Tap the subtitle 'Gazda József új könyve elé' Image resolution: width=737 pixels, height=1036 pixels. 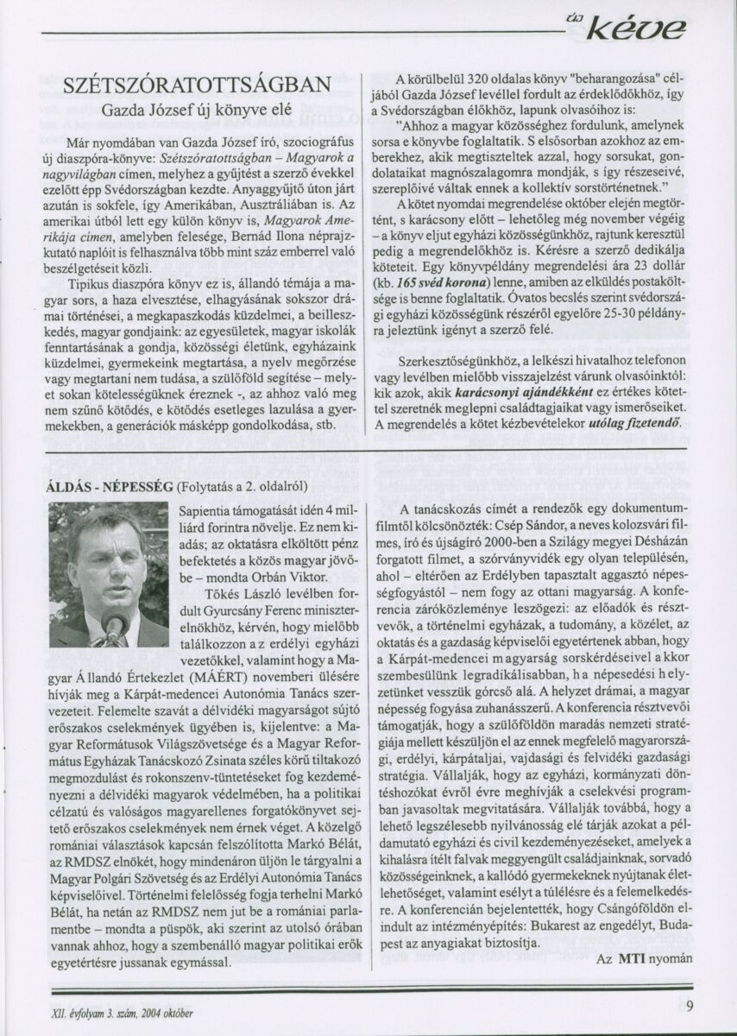point(198,110)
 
